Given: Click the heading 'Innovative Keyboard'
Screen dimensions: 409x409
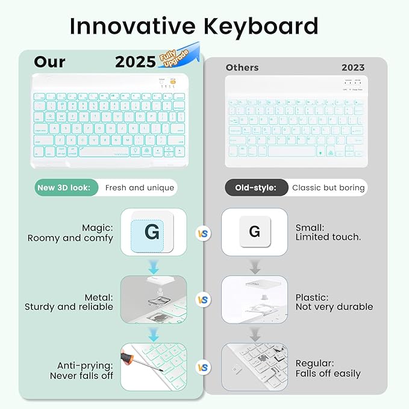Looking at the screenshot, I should [x=193, y=27].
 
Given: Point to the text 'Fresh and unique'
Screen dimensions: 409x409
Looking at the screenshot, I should [x=139, y=187].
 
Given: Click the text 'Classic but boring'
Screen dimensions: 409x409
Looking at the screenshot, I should [x=328, y=187].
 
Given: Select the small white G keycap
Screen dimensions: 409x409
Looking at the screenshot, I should [x=254, y=232].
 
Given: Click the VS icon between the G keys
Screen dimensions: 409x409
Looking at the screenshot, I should [x=204, y=233].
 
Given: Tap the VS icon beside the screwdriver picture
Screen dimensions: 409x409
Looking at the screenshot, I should [x=204, y=367].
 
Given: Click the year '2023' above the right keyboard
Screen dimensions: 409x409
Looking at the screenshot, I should [x=353, y=67].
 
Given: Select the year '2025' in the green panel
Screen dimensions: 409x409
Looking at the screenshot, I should [x=136, y=62].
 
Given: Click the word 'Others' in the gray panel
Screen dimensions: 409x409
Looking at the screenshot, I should [x=242, y=67].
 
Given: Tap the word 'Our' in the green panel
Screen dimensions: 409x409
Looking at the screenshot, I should [x=50, y=61].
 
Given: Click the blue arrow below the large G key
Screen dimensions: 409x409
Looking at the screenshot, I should [x=153, y=265].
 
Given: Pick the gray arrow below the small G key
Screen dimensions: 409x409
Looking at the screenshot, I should [x=254, y=265].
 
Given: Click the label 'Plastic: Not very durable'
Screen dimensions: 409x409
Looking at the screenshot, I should [x=334, y=302].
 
